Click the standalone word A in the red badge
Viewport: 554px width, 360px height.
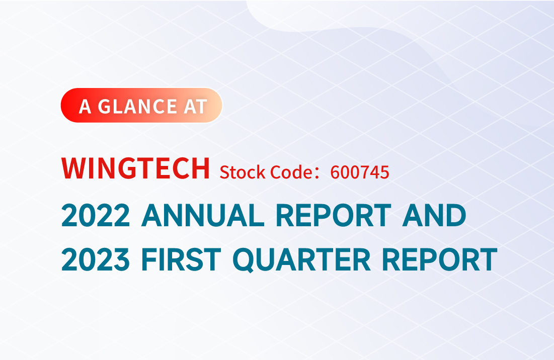coord(85,107)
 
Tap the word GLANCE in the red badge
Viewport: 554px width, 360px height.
coord(137,107)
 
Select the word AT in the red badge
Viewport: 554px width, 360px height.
coord(195,107)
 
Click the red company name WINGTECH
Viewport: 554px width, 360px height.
coord(136,168)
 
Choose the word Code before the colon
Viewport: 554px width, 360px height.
coord(289,172)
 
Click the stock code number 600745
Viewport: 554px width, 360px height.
coord(360,172)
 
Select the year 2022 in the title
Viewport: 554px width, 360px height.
coord(96,215)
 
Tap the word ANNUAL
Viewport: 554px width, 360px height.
coord(203,215)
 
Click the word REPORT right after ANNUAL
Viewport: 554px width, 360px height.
coord(334,215)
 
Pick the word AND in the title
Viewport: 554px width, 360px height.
coord(434,215)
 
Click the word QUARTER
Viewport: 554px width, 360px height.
coord(301,260)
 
